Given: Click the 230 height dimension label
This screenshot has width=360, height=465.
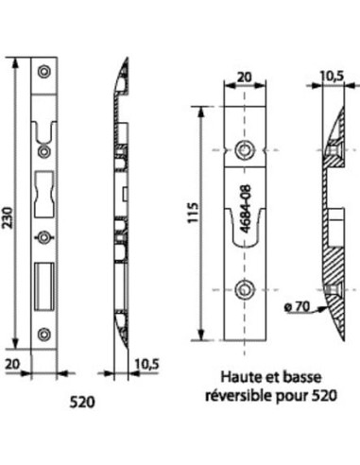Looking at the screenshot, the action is tap(9, 217).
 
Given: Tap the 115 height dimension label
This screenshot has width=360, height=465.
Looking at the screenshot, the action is tap(194, 213).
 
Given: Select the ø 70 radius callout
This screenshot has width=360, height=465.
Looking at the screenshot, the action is tap(298, 306).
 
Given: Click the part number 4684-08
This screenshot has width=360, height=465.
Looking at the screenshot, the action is tap(247, 208).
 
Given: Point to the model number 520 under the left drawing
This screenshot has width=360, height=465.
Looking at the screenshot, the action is tap(82, 403).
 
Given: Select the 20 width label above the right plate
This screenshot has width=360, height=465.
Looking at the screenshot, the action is tap(245, 77).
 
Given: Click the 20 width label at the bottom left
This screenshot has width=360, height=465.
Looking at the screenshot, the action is tap(12, 365).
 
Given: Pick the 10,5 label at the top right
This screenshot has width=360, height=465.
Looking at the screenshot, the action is tap(333, 77).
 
